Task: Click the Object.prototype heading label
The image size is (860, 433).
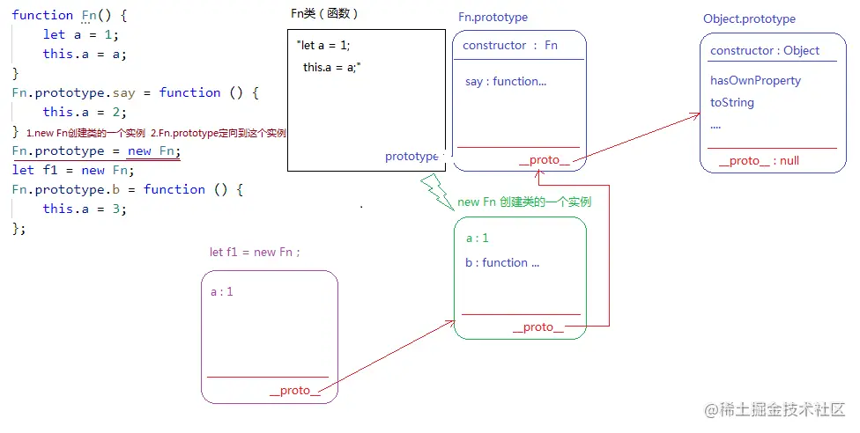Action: pos(749,18)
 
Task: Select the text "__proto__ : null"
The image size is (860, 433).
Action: pos(759,160)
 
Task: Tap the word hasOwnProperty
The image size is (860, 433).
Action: pos(755,80)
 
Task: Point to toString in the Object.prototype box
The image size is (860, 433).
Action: pos(732,102)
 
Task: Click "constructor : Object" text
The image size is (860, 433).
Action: pos(765,50)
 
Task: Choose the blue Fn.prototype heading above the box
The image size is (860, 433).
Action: pos(493,18)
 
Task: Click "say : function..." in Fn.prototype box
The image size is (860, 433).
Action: pos(506,81)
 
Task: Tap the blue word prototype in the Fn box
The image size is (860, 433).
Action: pos(411,157)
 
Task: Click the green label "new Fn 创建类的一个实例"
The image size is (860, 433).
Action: pos(524,202)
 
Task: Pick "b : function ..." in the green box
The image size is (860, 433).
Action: pos(502,262)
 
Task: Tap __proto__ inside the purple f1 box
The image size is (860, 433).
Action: pos(294,390)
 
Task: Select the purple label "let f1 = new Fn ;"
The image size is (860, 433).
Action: pos(255,252)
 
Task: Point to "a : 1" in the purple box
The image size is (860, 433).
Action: pos(222,291)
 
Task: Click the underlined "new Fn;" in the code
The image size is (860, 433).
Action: pos(153,150)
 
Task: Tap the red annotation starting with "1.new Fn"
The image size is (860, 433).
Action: pos(156,133)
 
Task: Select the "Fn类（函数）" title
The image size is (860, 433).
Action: pos(324,13)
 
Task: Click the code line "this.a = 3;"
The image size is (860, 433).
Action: pos(85,209)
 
